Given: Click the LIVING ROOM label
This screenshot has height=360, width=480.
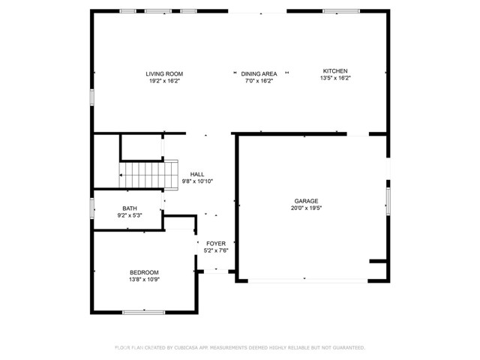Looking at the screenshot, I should coord(164,73).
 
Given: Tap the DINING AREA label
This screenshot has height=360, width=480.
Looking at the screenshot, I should coord(259,73).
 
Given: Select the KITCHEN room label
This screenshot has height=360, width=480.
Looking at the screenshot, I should coord(334,70).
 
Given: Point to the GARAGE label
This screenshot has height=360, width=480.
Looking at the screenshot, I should coord(306,201).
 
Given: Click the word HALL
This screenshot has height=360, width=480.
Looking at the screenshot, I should coord(197,174).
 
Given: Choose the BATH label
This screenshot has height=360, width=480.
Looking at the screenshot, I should coord(130,208).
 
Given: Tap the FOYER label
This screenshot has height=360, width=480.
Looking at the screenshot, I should coord(215,244).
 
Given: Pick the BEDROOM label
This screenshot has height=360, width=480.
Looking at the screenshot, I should coord(144,272).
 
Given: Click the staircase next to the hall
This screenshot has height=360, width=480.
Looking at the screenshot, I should coord(149,175).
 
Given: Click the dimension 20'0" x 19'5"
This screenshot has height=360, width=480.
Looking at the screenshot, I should coord(306,209).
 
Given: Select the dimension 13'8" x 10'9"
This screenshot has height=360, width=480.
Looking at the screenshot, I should coord(144,280).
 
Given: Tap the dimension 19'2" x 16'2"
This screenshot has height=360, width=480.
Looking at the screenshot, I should coord(164,80).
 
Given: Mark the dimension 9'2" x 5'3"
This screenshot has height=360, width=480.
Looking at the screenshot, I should coord(130,216).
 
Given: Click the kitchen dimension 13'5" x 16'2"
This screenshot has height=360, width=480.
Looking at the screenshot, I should coord(334,78).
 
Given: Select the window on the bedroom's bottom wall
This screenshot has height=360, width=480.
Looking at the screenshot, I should coord(144,311).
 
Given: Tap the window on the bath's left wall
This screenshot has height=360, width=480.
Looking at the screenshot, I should coord(92,208).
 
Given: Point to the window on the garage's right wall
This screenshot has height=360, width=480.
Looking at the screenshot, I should coord(388,199).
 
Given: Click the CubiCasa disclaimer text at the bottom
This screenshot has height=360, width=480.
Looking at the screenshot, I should coord(239,347).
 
